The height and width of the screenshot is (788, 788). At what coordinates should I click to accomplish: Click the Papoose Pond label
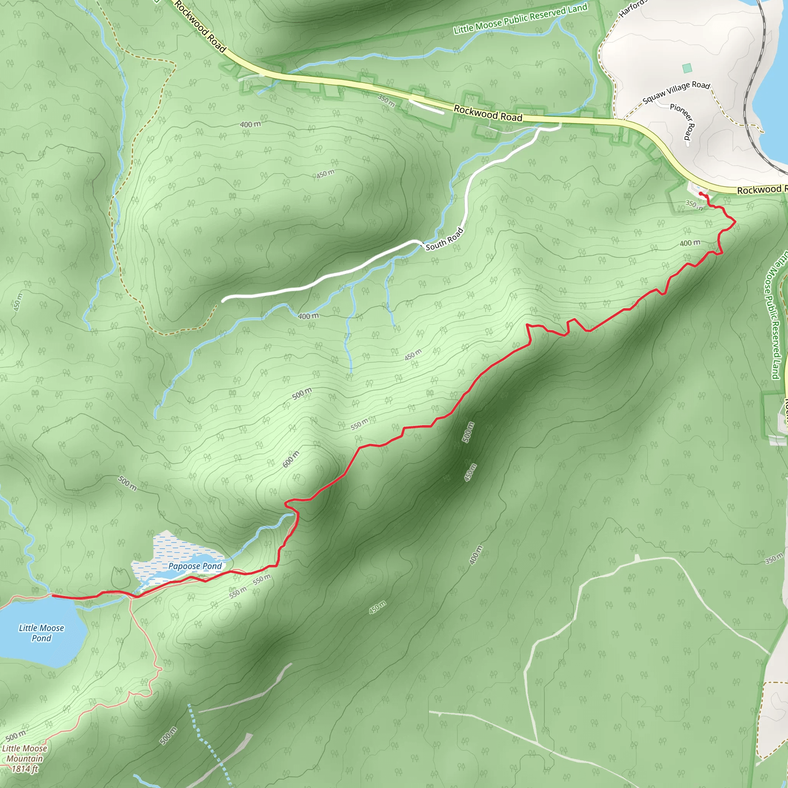click(x=195, y=566)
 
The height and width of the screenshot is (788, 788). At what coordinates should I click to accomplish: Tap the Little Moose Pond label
click(x=41, y=633)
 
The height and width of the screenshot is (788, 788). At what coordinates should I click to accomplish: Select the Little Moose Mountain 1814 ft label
click(x=25, y=759)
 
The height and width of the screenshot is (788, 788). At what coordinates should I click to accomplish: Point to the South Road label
click(x=444, y=239)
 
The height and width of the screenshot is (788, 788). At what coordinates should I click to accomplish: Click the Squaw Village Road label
click(x=676, y=92)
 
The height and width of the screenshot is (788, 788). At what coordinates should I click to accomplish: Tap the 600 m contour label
click(x=291, y=459)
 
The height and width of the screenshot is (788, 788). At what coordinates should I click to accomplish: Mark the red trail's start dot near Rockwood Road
click(x=701, y=193)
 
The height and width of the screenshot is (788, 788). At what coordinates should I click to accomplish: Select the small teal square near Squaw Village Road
click(x=687, y=68)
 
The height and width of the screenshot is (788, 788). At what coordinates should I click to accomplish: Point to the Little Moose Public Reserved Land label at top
click(x=520, y=19)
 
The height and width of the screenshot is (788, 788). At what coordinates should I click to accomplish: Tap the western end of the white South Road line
click(x=224, y=301)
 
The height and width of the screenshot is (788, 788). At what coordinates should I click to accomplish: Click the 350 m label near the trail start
click(x=694, y=205)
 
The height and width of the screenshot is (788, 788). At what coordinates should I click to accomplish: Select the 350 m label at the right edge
click(x=774, y=558)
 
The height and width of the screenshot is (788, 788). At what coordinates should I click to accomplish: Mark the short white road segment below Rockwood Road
click(x=426, y=107)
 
